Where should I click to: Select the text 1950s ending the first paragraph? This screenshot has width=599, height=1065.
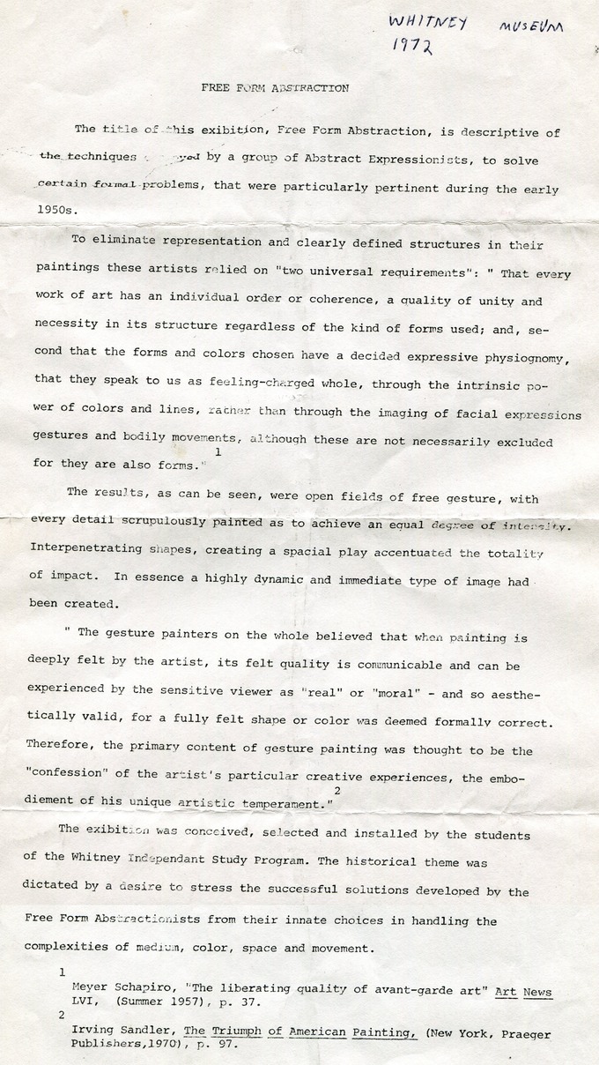click(52, 211)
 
